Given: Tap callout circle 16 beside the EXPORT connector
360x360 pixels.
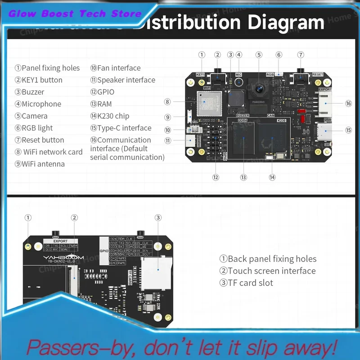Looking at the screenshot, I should (x=348, y=103).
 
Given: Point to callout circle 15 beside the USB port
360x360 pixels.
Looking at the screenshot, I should (x=348, y=130).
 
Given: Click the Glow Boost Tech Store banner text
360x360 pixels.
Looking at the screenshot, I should (x=75, y=13).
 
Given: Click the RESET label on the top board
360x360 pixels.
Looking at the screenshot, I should (x=318, y=75).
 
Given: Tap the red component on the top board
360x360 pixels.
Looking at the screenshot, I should (x=308, y=120).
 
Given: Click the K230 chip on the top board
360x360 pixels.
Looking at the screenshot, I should (x=272, y=137).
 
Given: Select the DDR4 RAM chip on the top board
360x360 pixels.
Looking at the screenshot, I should (x=243, y=137).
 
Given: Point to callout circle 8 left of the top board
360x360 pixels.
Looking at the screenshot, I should (x=167, y=102).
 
